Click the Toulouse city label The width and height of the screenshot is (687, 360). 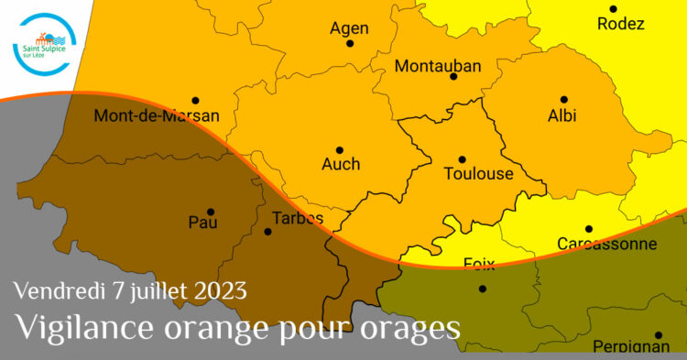478,174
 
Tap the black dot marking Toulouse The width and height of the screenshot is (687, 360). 463,159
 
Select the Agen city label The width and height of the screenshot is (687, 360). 348,28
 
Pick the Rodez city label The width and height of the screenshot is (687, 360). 620,25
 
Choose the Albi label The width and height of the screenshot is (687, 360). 562,115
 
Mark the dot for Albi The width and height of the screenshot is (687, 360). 564,99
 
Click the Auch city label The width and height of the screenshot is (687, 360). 340,165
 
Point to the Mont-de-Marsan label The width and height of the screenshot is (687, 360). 157,116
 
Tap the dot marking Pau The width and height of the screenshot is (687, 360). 211,212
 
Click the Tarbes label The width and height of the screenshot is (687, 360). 298,218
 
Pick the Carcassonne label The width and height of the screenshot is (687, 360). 607,244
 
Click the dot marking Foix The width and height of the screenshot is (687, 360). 483,289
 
